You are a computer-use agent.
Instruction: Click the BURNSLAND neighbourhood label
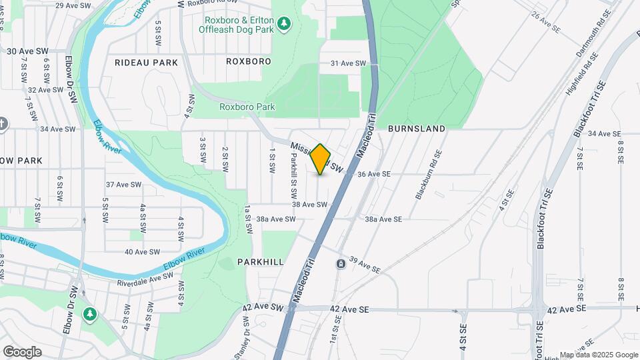[416, 129]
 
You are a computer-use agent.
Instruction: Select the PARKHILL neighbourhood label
[260, 262]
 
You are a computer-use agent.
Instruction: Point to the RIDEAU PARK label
[146, 63]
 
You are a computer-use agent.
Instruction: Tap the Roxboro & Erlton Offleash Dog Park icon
[285, 24]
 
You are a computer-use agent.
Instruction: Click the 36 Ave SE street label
[373, 174]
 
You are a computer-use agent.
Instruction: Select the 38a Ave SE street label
[383, 219]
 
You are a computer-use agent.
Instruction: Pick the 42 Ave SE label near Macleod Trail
[350, 309]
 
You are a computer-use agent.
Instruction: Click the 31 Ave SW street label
[349, 63]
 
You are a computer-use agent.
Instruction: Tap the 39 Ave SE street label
[364, 265]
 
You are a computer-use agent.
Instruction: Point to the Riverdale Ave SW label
[145, 282]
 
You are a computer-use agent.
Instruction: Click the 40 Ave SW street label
[143, 252]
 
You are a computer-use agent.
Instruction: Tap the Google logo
[22, 352]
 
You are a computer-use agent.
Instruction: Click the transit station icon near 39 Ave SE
[341, 264]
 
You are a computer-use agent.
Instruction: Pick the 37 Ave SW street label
[124, 185]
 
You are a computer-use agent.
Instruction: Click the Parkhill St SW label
[293, 176]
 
